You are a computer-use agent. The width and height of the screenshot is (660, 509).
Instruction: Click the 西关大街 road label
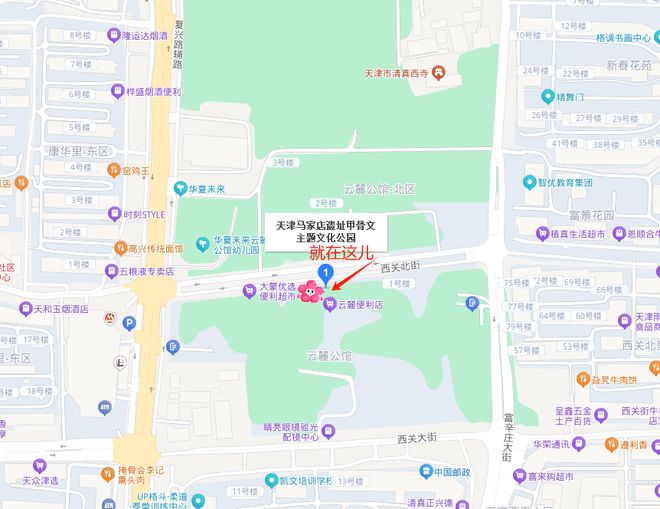click(418, 437)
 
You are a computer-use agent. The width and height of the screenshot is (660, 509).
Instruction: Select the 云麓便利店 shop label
click(360, 304)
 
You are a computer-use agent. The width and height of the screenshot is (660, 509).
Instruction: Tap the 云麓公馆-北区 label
click(379, 188)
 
